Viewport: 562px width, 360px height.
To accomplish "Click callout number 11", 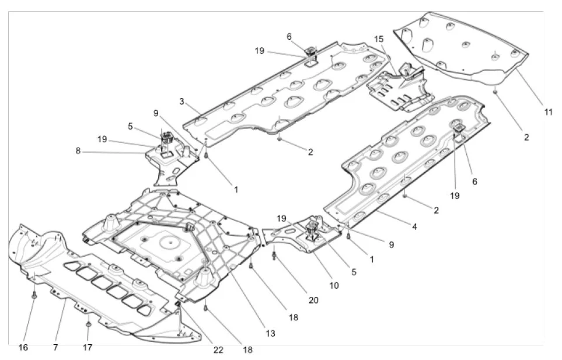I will [547, 111].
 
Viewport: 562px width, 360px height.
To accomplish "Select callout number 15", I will [379, 40].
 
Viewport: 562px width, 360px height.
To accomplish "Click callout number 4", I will [414, 225].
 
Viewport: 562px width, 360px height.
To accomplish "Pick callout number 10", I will [334, 286].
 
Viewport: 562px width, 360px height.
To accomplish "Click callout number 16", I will [23, 348].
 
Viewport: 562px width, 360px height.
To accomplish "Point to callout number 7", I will [55, 348].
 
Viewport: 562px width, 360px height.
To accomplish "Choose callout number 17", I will [88, 348].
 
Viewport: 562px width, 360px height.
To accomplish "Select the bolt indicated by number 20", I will [274, 255].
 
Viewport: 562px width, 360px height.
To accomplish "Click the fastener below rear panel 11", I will [494, 90].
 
